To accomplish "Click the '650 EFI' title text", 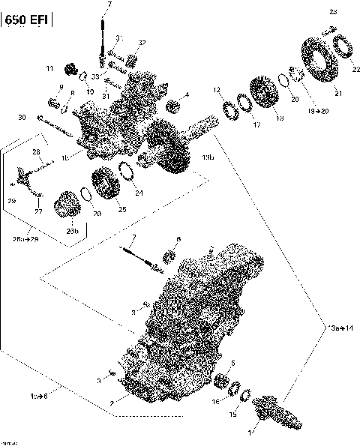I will tap(27, 22).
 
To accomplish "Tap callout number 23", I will tap(334, 11).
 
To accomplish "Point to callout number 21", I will tap(337, 93).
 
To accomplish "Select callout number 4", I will tap(187, 94).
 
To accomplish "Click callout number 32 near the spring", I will tap(142, 43).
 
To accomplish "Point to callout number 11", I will tap(50, 69).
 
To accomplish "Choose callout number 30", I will tap(22, 117).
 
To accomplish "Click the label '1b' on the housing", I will tap(66, 157).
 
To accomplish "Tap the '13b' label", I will tap(208, 159).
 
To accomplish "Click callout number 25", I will tap(122, 209).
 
